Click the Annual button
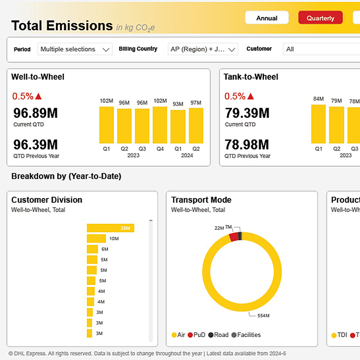267,18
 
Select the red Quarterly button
320,18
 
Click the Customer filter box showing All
321,49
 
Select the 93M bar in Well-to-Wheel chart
178,127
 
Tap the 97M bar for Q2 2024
196,125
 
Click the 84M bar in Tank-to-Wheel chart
318,124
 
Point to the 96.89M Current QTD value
35,113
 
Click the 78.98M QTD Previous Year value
247,145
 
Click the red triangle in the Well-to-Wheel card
39,96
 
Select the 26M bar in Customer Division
110,228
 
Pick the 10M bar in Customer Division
96,239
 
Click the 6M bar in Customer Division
92,249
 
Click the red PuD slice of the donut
233,237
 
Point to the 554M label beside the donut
263,316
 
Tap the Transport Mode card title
201,200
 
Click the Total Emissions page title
62,25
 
